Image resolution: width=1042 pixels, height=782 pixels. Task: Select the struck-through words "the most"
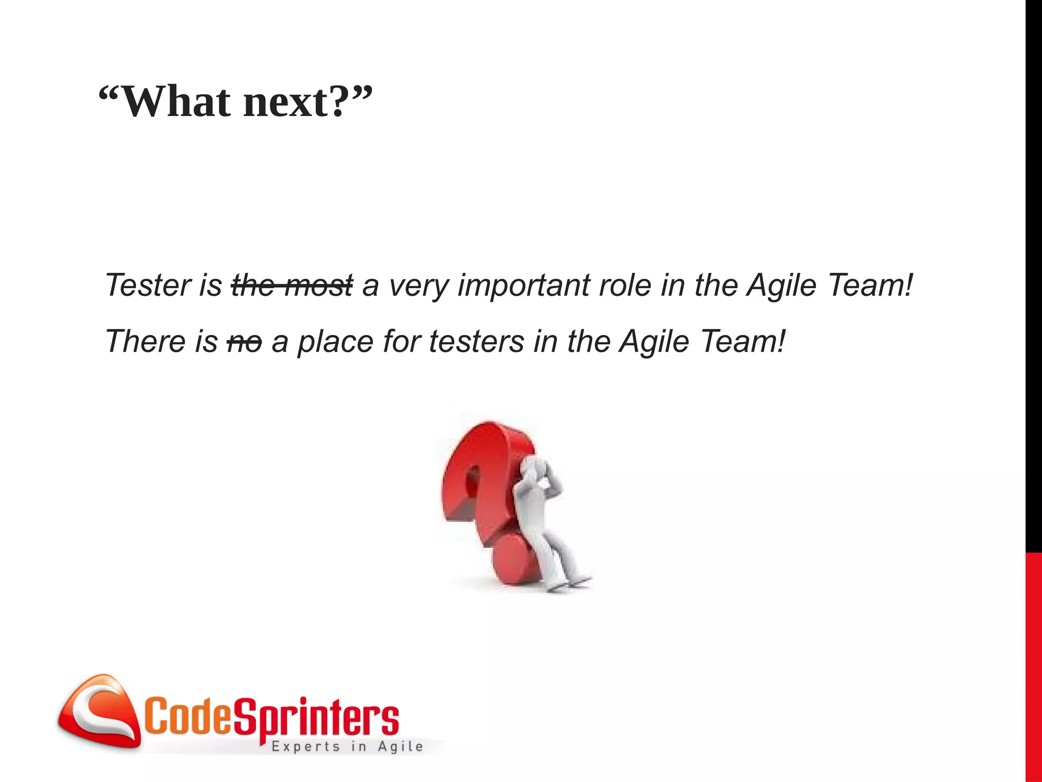[292, 285]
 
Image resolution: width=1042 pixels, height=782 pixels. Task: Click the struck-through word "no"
[244, 342]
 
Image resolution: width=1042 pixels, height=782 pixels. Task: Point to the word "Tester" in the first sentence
[147, 285]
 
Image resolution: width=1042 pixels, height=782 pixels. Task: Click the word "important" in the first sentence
[523, 285]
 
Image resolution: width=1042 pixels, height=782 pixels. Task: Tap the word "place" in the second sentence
[335, 342]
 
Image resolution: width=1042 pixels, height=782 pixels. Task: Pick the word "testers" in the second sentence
[476, 342]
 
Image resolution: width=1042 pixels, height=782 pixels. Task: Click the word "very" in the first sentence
[418, 285]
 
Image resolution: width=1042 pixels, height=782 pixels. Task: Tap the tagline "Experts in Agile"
[347, 747]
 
